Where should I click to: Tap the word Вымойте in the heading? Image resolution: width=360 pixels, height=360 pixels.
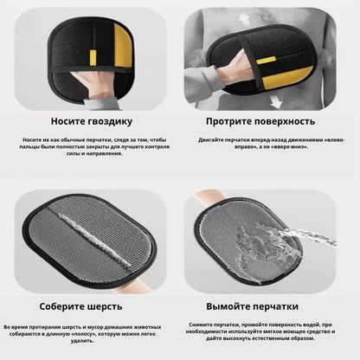click(x=235, y=305)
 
